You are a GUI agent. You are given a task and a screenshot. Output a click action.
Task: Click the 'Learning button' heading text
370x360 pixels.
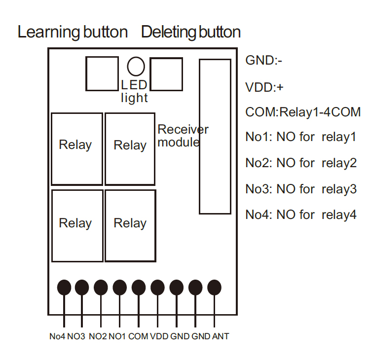point(73,33)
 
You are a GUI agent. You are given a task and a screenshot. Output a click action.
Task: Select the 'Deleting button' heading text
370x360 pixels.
point(191,33)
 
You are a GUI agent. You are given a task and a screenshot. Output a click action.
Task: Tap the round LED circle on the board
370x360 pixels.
point(136,66)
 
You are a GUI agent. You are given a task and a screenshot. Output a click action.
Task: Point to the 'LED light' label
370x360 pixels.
point(134,92)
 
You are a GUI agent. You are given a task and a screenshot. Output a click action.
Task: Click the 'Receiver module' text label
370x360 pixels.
point(183,136)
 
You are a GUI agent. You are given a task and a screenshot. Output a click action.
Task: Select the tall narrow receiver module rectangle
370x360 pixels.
point(215,137)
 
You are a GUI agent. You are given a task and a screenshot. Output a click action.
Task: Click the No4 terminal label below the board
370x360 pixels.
point(57,337)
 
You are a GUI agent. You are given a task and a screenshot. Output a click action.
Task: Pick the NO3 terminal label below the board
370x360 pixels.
point(76,337)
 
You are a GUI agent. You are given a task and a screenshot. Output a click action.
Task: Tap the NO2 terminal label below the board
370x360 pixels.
point(98,337)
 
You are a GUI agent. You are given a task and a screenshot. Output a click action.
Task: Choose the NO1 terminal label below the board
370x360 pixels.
point(117,337)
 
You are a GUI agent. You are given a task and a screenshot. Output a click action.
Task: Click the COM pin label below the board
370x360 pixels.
point(138,337)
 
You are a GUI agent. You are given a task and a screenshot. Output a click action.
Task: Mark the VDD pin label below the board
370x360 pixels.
point(159,337)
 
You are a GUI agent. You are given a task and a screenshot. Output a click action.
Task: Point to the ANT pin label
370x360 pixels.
point(221,337)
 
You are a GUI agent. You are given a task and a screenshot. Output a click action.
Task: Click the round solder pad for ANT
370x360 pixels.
point(215,288)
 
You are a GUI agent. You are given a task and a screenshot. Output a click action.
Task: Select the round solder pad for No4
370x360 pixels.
point(64,288)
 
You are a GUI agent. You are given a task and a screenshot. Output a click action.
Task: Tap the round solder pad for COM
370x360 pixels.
point(139,288)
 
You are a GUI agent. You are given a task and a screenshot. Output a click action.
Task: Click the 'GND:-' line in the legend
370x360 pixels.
point(263,61)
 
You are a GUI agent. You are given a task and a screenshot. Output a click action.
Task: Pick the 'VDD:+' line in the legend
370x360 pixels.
point(264,87)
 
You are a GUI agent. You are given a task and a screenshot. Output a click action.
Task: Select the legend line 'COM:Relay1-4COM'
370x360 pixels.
point(303,112)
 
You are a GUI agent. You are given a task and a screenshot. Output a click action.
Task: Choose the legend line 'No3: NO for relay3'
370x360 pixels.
point(301,189)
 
